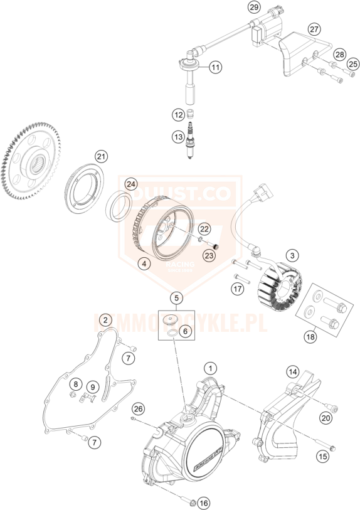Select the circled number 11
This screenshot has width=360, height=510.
(x=215, y=67)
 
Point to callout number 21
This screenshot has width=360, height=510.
(x=102, y=156)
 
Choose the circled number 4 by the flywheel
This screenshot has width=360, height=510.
(x=145, y=264)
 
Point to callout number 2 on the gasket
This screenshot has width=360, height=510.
(x=107, y=320)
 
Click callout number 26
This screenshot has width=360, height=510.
(x=139, y=409)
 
